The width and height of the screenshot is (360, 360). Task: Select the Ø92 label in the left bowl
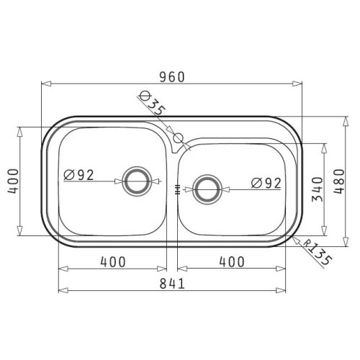[x=78, y=174]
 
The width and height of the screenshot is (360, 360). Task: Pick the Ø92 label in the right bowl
[x=266, y=183]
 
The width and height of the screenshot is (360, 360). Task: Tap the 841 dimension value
[x=171, y=282]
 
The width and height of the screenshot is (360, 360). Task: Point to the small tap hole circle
[x=176, y=136]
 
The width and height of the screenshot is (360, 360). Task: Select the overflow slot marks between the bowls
[x=176, y=189]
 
